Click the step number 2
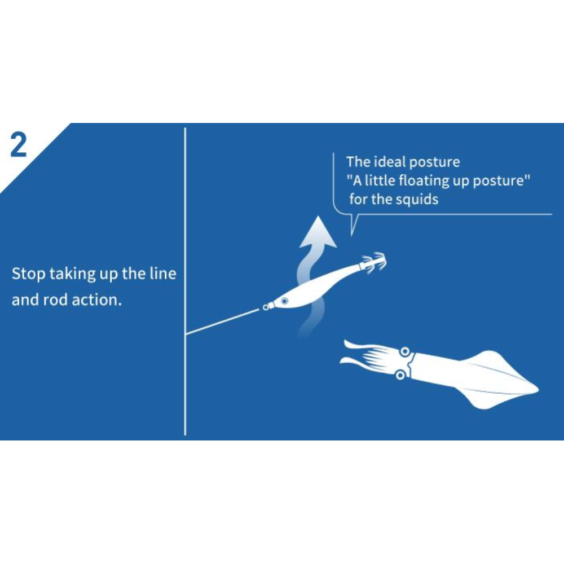(x=19, y=144)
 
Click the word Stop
(x=28, y=274)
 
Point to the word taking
(x=72, y=274)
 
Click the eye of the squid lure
(x=284, y=301)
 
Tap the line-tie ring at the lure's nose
(x=266, y=307)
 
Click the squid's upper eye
(x=405, y=351)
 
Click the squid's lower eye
(x=400, y=376)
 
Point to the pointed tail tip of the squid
(x=537, y=389)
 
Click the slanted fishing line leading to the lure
(x=222, y=321)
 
